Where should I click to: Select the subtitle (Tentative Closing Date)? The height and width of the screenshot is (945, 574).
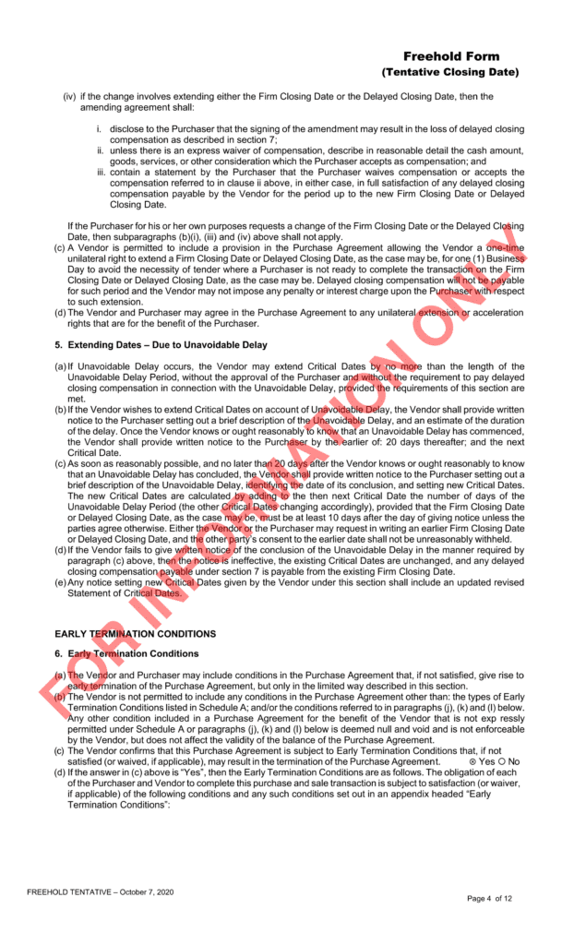click(450, 72)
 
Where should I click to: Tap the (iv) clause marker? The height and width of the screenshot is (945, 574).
click(69, 96)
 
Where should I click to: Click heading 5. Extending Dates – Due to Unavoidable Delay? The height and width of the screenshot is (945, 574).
click(161, 344)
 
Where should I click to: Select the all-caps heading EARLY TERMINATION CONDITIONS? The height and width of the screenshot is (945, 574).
click(136, 634)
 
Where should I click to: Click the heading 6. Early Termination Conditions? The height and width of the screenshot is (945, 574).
click(126, 653)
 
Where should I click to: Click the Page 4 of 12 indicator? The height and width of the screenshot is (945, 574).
click(502, 898)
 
